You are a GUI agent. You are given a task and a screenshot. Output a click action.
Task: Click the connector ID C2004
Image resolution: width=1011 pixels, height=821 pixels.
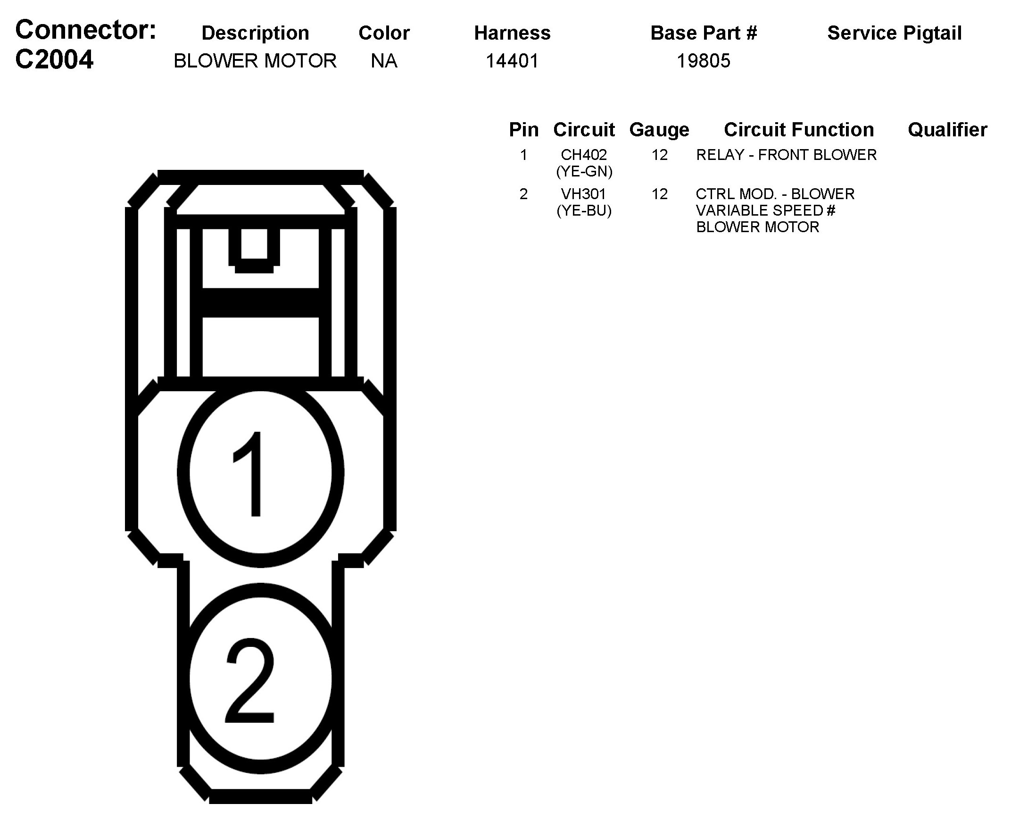[x=54, y=60]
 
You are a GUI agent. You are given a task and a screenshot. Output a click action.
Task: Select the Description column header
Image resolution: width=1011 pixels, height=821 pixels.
[x=255, y=33]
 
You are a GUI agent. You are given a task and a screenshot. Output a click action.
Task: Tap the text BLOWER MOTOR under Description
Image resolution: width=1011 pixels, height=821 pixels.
[x=255, y=61]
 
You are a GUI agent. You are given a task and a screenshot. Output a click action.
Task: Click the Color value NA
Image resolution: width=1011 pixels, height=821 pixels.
[x=384, y=61]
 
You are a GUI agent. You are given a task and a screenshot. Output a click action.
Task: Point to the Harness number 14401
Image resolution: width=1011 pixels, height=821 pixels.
[x=513, y=61]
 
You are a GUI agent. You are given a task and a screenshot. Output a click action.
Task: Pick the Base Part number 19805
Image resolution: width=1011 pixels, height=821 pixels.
[x=703, y=61]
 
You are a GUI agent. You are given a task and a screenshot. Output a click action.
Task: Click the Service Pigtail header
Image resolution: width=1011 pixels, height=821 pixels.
[x=894, y=33]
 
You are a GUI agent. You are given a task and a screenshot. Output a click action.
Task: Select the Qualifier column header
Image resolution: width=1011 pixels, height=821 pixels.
[x=947, y=130]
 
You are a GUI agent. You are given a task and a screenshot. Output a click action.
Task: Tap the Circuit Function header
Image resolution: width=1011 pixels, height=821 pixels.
[x=799, y=130]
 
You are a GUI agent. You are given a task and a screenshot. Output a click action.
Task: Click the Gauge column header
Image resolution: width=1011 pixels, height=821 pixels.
[x=659, y=130]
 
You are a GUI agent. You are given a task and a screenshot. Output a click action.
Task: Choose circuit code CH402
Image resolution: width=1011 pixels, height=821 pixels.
[x=584, y=155]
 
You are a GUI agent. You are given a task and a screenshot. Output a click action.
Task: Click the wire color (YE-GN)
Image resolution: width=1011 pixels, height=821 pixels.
[x=584, y=171]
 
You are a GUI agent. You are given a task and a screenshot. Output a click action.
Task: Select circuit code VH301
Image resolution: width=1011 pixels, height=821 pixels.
[x=584, y=194]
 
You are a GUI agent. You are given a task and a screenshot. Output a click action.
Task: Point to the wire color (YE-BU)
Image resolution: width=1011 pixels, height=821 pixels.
[x=584, y=210]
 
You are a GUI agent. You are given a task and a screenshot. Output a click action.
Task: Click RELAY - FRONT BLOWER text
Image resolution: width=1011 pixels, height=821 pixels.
[x=786, y=155]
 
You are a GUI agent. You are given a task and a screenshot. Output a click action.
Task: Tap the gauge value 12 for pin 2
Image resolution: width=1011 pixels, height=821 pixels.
[x=659, y=194]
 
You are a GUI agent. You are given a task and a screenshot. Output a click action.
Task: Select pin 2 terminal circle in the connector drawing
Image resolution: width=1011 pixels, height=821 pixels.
[x=260, y=679]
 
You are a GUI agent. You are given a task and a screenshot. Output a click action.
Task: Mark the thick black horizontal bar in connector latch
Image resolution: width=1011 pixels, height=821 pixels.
[x=260, y=302]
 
